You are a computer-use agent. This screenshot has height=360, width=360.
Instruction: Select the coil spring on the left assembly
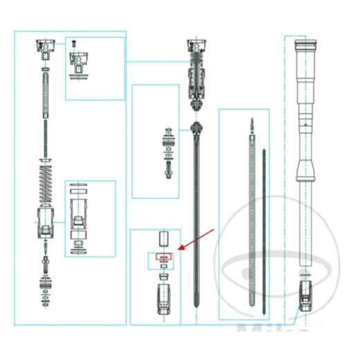(46, 183)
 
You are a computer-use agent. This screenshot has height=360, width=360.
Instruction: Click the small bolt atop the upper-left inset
(73, 45)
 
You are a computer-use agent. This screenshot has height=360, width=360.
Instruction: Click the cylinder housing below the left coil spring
(46, 222)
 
